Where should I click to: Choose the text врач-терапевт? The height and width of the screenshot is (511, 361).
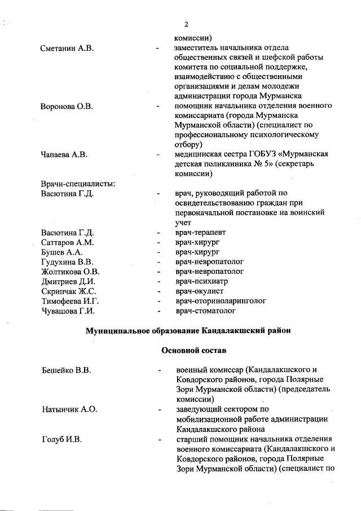(200, 233)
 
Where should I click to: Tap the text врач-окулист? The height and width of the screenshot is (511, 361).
(199, 291)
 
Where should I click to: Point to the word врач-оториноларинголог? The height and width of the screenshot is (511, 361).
(221, 301)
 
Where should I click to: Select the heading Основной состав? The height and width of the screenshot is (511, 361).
(194, 351)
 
